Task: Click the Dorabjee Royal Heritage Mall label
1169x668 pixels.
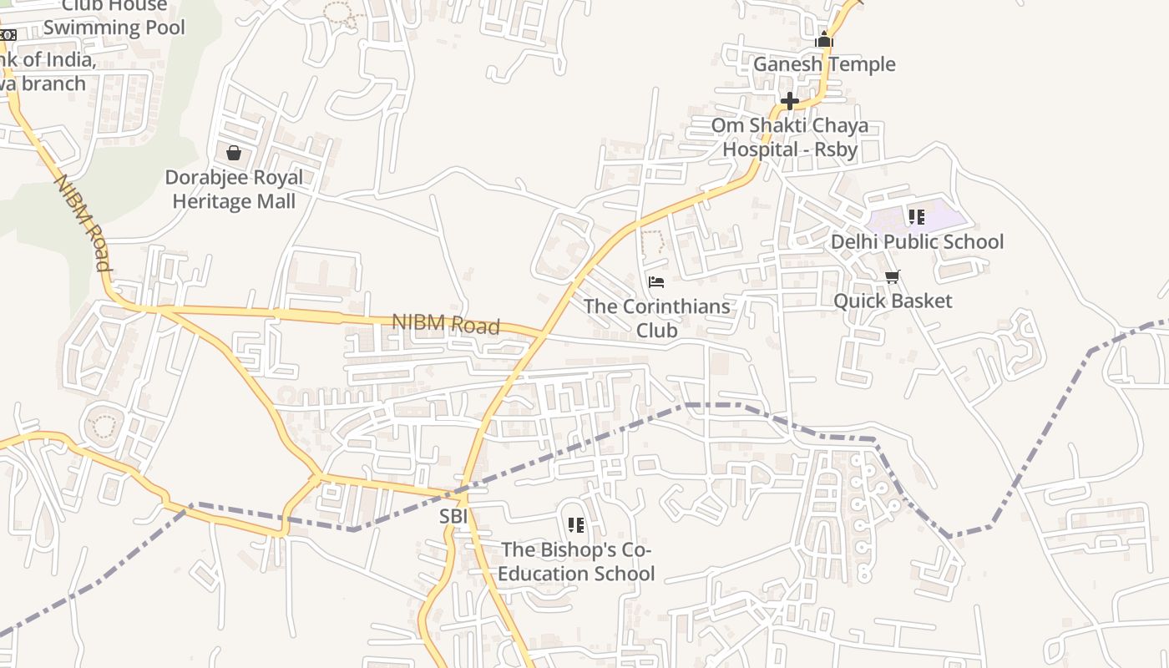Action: [x=234, y=190]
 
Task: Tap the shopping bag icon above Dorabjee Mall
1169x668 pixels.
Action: [x=234, y=153]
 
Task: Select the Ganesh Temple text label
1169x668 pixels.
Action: [x=824, y=64]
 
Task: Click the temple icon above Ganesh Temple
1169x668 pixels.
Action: [x=824, y=39]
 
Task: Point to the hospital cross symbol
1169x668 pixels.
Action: [x=790, y=101]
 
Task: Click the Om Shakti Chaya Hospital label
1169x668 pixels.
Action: [x=790, y=138]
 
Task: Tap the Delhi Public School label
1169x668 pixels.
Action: [x=917, y=242]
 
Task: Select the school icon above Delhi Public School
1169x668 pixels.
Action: [x=917, y=217]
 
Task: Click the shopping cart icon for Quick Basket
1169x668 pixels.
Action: [x=893, y=276]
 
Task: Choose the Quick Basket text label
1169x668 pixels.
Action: [x=893, y=301]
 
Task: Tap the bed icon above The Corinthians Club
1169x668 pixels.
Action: [x=656, y=282]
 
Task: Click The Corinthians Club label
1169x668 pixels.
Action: [x=656, y=318]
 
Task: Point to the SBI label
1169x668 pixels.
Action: [x=453, y=517]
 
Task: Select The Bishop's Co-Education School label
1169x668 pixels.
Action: [x=577, y=562]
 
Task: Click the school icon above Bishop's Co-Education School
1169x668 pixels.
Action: [x=576, y=525]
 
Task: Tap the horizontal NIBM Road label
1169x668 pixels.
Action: [x=446, y=325]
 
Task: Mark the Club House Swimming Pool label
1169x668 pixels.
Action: [x=114, y=17]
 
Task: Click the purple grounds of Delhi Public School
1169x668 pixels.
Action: [x=944, y=219]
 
